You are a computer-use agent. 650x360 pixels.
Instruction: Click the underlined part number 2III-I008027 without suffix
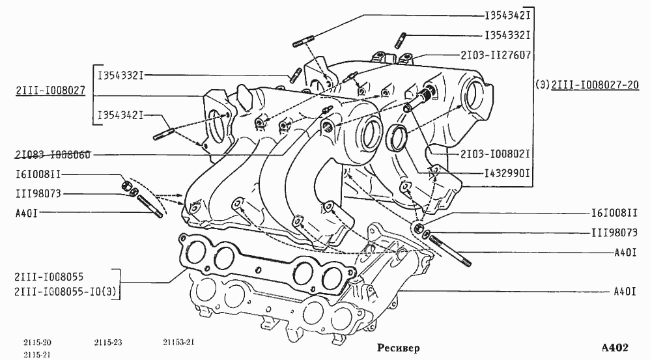(51, 90)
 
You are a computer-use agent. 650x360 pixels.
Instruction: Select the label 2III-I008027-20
(595, 85)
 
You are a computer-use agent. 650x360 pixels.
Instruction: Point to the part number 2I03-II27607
(496, 55)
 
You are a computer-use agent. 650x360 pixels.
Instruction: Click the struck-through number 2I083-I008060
(53, 154)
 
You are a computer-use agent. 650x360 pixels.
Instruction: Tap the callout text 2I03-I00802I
(496, 154)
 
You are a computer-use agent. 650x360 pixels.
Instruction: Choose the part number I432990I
(507, 173)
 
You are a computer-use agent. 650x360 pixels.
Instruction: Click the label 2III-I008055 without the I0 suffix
(49, 277)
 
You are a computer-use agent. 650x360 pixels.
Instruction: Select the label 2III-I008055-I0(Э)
(66, 292)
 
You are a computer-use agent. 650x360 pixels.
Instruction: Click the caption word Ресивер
(398, 348)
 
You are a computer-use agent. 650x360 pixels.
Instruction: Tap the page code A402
(615, 348)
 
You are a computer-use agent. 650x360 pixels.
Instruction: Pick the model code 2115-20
(37, 342)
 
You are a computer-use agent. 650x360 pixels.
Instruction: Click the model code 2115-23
(107, 342)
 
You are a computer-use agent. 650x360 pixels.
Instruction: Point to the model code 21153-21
(178, 342)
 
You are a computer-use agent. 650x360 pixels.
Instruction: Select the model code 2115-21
(37, 355)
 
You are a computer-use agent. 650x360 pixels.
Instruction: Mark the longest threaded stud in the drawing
(450, 251)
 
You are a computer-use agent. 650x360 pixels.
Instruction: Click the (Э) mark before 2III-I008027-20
(543, 85)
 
